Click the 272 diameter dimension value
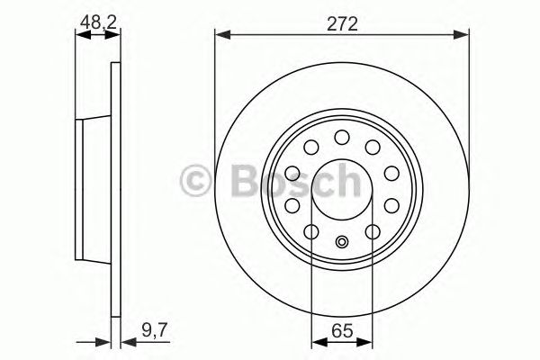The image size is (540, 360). point(343,24)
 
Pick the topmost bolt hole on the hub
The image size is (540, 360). point(342,137)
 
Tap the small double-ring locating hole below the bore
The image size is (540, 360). point(342,241)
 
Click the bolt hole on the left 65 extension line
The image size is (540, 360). point(311,232)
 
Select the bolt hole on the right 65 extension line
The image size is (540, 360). point(373,232)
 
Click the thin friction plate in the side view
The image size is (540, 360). point(114,189)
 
